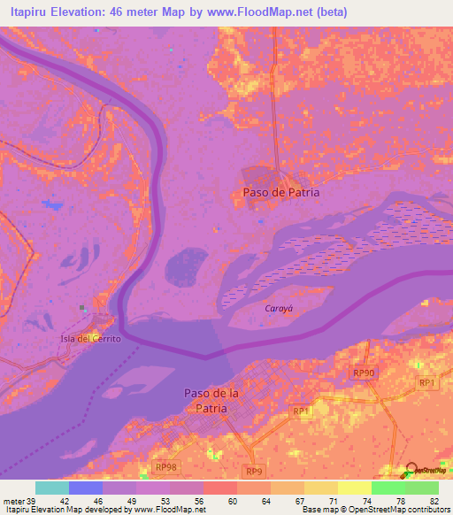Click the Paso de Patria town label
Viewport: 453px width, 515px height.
(x=281, y=192)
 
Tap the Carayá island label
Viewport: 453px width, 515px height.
(x=280, y=309)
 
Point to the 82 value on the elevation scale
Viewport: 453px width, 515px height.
(x=434, y=500)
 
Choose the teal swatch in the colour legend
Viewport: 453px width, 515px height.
(x=52, y=488)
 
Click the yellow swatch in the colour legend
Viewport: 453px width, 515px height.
(x=354, y=488)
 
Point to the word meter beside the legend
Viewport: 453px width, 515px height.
(x=14, y=500)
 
